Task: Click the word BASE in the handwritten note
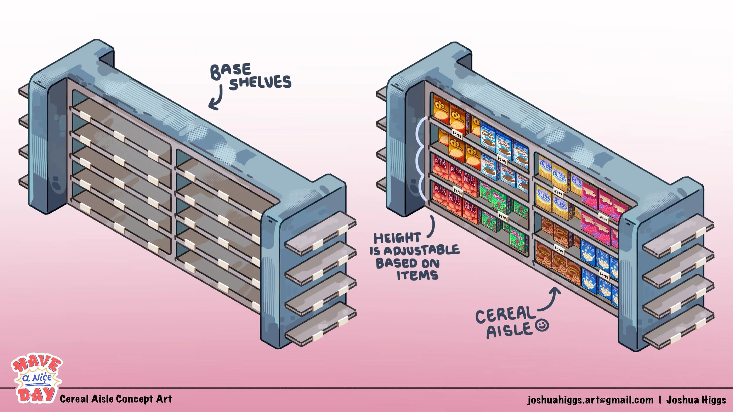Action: (x=231, y=70)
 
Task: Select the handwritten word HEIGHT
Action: (x=397, y=238)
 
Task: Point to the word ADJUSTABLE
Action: (x=421, y=251)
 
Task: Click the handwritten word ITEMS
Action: (x=418, y=275)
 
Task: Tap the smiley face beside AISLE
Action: (x=542, y=325)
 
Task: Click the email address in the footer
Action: (x=590, y=400)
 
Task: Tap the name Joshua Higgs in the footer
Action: (x=696, y=400)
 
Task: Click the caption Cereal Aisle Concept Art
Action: (x=116, y=399)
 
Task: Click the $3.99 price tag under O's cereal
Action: (x=457, y=134)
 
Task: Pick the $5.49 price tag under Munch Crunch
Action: (x=502, y=160)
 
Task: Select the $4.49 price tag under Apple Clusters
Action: (x=503, y=217)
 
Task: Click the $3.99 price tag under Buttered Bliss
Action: (x=558, y=193)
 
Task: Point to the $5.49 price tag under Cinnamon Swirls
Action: (x=559, y=249)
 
